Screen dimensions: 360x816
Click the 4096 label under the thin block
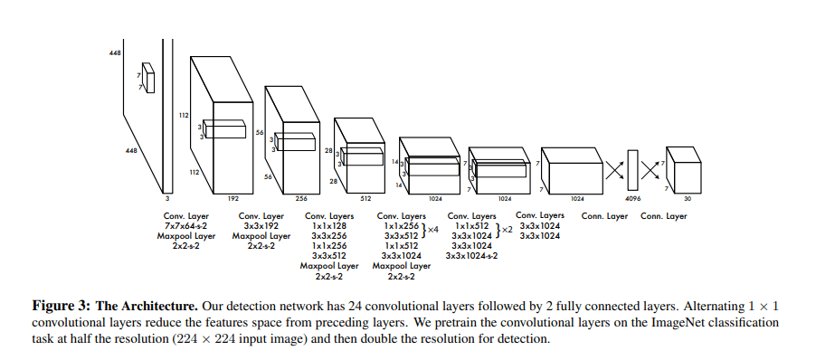click(632, 197)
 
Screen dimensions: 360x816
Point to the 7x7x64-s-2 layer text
click(185, 226)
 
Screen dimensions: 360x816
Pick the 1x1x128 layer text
click(329, 226)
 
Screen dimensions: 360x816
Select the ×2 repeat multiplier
click(507, 230)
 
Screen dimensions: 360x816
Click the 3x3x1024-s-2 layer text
click(472, 255)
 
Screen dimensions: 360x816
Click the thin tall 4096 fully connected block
click(632, 169)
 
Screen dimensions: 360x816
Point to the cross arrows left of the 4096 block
click(615, 169)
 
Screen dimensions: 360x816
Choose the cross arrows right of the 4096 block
click(650, 169)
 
